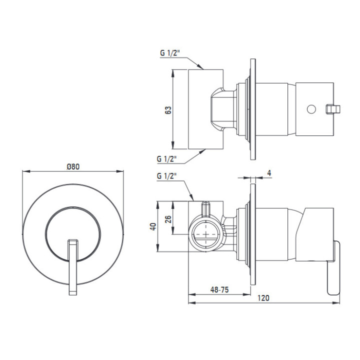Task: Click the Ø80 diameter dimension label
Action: pyautogui.click(x=73, y=166)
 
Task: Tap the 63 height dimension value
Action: pyautogui.click(x=168, y=110)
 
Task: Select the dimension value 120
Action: pyautogui.click(x=263, y=298)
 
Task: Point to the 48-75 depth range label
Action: pyautogui.click(x=219, y=289)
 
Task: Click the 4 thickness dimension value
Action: pyautogui.click(x=269, y=173)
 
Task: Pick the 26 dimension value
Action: pyautogui.click(x=168, y=219)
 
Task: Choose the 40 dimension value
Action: pyautogui.click(x=153, y=226)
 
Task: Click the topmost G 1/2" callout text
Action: pyautogui.click(x=170, y=53)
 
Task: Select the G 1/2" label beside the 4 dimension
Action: pyautogui.click(x=166, y=176)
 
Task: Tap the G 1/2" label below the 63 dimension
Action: pyautogui.click(x=166, y=159)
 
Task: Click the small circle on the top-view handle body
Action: pyautogui.click(x=311, y=109)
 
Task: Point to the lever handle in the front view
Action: pyautogui.click(x=73, y=267)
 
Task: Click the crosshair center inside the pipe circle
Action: pyautogui.click(x=206, y=234)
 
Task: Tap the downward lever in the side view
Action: pyautogui.click(x=333, y=267)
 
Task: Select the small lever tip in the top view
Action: pyautogui.click(x=333, y=109)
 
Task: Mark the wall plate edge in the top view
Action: pyautogui.click(x=253, y=109)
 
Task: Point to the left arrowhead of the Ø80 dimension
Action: pyautogui.click(x=26, y=171)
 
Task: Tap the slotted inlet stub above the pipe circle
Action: pyautogui.click(x=205, y=209)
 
